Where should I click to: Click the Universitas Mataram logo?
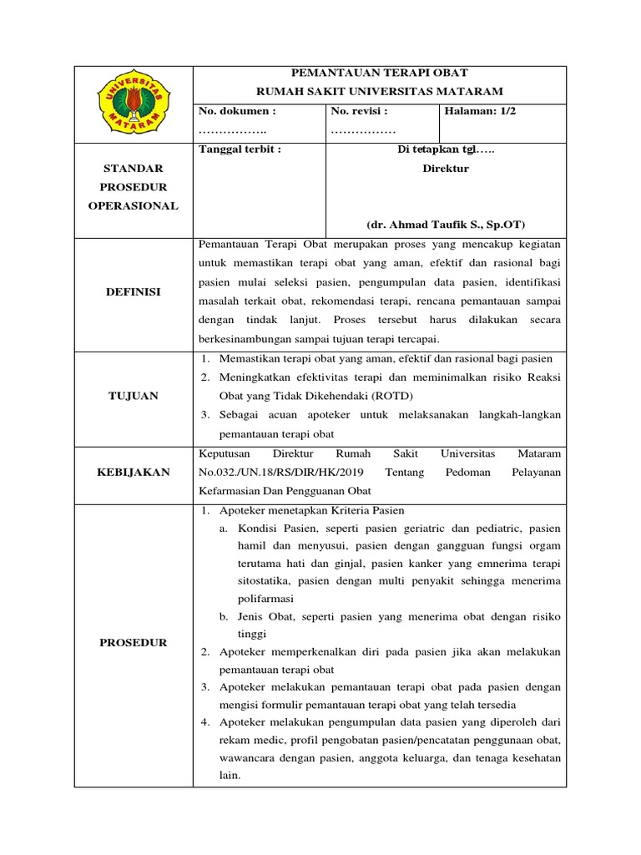click(x=134, y=104)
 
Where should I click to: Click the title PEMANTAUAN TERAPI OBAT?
click(x=380, y=73)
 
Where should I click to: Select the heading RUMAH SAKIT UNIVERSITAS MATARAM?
click(x=380, y=91)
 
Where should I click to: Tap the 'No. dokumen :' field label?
click(x=236, y=110)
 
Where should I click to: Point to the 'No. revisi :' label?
click(x=359, y=110)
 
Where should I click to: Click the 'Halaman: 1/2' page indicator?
click(x=481, y=110)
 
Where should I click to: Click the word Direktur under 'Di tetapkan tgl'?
click(x=446, y=168)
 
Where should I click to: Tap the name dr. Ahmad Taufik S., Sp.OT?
click(x=446, y=225)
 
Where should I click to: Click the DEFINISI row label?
click(x=134, y=292)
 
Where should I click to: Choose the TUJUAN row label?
click(x=134, y=396)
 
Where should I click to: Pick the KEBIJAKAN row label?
click(x=134, y=472)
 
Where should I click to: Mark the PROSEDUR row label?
click(x=134, y=642)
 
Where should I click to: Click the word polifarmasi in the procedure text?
click(x=265, y=599)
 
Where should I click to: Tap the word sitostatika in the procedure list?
click(x=265, y=580)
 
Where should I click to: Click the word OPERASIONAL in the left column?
click(x=134, y=205)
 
